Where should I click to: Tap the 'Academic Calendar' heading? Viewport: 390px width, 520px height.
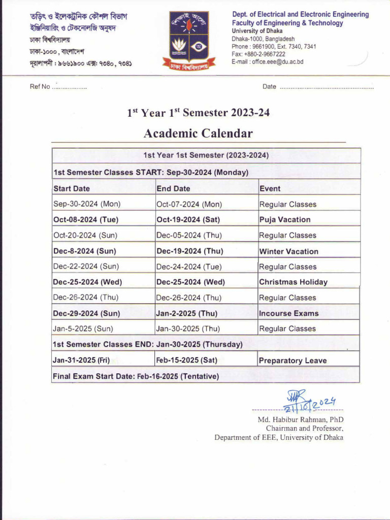pos(198,134)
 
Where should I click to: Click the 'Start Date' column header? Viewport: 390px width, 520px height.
pos(72,188)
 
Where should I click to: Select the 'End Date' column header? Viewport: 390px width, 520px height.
pos(173,188)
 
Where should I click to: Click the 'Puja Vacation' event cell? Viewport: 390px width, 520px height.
pos(284,220)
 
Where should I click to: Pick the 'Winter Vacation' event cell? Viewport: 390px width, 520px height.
pos(288,251)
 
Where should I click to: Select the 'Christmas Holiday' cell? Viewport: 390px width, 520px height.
pos(293,282)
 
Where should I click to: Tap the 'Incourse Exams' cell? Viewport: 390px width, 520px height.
pos(288,313)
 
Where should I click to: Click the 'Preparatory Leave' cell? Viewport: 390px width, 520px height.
pos(292,361)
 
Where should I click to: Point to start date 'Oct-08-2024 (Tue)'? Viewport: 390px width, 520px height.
pos(82,220)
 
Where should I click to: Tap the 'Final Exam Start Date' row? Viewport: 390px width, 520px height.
pos(136,376)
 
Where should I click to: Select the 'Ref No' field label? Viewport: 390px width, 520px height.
pos(40,87)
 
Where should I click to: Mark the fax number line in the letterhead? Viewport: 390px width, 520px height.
pos(258,54)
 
